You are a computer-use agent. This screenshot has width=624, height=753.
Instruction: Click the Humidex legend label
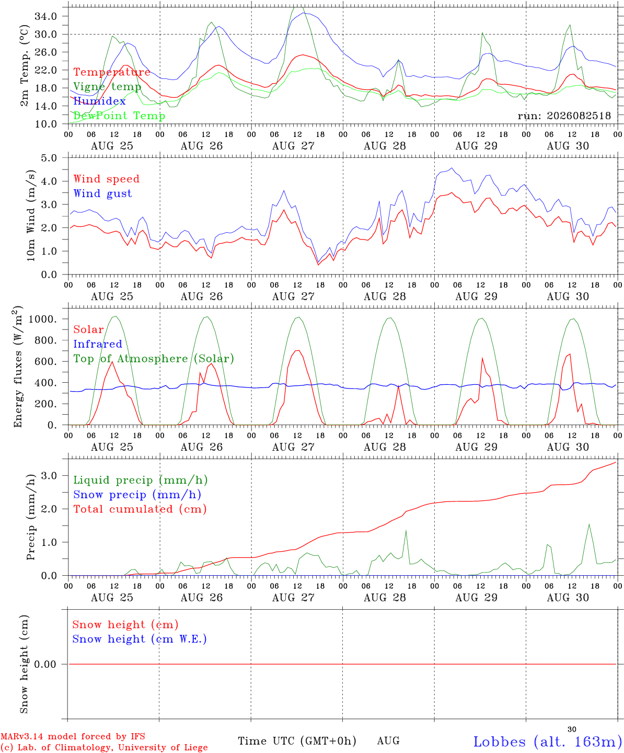(x=99, y=101)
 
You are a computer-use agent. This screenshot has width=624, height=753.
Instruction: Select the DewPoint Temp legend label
(x=119, y=116)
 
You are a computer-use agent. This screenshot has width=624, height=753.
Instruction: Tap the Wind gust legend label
(x=103, y=193)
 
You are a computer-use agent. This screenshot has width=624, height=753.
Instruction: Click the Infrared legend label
(x=98, y=344)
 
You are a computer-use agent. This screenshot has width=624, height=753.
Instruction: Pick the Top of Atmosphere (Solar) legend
(x=154, y=359)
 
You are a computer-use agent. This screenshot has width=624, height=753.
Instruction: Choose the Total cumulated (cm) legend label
(x=140, y=509)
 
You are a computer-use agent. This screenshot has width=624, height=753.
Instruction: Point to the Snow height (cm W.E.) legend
(x=140, y=639)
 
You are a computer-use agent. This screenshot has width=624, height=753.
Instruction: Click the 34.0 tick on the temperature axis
(x=46, y=16)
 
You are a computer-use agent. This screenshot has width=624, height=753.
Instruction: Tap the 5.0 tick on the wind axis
(x=49, y=158)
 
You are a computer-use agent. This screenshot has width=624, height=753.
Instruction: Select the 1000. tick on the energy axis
(x=43, y=319)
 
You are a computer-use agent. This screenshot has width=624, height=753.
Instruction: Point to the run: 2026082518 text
(x=564, y=116)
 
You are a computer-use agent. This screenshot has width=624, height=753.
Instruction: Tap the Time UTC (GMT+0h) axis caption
(x=297, y=741)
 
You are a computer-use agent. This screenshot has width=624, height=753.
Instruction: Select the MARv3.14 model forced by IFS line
(x=73, y=736)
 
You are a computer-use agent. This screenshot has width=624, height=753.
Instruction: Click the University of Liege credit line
(x=104, y=748)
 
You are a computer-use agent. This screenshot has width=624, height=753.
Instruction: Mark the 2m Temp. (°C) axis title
(x=24, y=66)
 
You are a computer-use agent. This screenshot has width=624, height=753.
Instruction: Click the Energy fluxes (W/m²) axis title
(x=18, y=367)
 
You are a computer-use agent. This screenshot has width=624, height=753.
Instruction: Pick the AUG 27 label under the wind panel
(x=293, y=296)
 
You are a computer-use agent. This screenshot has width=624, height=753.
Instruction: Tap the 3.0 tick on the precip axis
(x=49, y=476)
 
